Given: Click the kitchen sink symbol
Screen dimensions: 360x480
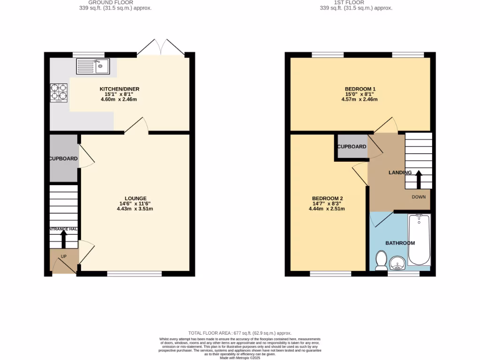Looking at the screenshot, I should click(x=93, y=66).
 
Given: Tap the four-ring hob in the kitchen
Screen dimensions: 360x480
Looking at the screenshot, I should click(x=59, y=92).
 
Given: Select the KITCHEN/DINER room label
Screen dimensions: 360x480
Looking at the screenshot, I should click(x=120, y=89).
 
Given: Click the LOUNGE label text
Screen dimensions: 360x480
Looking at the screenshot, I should click(x=135, y=198).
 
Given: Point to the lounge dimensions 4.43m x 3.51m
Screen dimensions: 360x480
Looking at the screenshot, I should click(x=135, y=209).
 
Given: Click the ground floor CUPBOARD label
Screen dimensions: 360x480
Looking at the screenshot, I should click(x=64, y=159).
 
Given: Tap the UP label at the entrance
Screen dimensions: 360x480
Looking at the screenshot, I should click(x=64, y=256).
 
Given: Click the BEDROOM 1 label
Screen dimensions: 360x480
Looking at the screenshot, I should click(x=360, y=89).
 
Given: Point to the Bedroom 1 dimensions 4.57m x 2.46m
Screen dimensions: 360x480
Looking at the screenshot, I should click(x=360, y=99).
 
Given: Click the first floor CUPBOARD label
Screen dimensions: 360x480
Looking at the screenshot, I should click(x=352, y=147).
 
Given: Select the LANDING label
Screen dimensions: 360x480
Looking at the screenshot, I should click(x=400, y=172).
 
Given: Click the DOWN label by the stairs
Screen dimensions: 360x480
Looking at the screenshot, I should click(x=419, y=197).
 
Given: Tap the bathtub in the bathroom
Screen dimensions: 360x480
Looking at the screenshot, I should click(x=419, y=240).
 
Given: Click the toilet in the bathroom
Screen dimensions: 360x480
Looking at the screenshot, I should click(x=381, y=260).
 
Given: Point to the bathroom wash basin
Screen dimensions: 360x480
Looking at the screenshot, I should click(x=398, y=264).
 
